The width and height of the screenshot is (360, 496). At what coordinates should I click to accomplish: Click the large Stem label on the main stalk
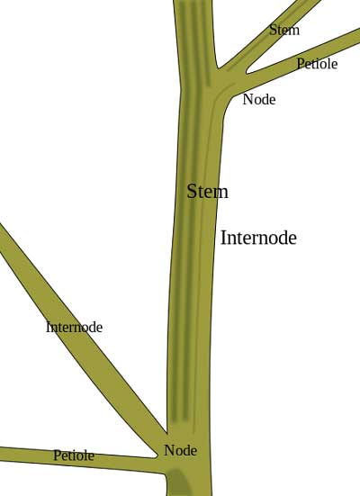click(207, 192)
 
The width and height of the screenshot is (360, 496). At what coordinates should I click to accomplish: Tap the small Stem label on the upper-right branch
click(284, 30)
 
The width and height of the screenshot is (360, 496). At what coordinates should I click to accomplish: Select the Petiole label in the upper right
click(317, 64)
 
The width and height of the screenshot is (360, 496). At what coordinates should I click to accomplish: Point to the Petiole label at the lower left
click(74, 455)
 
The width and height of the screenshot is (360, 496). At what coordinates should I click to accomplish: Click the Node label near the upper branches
click(259, 99)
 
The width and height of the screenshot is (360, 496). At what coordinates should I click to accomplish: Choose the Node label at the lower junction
click(180, 450)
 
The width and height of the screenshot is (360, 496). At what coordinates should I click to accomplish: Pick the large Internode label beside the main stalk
click(258, 238)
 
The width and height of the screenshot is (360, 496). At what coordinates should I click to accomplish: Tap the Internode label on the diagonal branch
click(75, 327)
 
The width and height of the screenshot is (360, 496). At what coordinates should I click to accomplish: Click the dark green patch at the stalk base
click(178, 482)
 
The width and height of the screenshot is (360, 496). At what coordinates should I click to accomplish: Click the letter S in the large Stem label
click(192, 192)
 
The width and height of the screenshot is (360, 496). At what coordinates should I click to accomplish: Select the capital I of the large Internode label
click(223, 238)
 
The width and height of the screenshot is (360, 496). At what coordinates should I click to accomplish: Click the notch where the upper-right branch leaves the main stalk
click(218, 68)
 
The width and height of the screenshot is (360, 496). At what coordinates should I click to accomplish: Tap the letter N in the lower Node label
click(168, 450)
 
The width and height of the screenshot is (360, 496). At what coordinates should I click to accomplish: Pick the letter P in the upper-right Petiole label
click(300, 64)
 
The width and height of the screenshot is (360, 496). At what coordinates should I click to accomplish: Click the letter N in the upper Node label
click(247, 99)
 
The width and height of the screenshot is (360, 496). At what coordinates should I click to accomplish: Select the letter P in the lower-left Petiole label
click(57, 455)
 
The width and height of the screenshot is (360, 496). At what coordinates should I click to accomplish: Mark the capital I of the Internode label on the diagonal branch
click(48, 327)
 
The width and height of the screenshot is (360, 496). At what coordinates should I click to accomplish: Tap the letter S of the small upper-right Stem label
click(273, 30)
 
